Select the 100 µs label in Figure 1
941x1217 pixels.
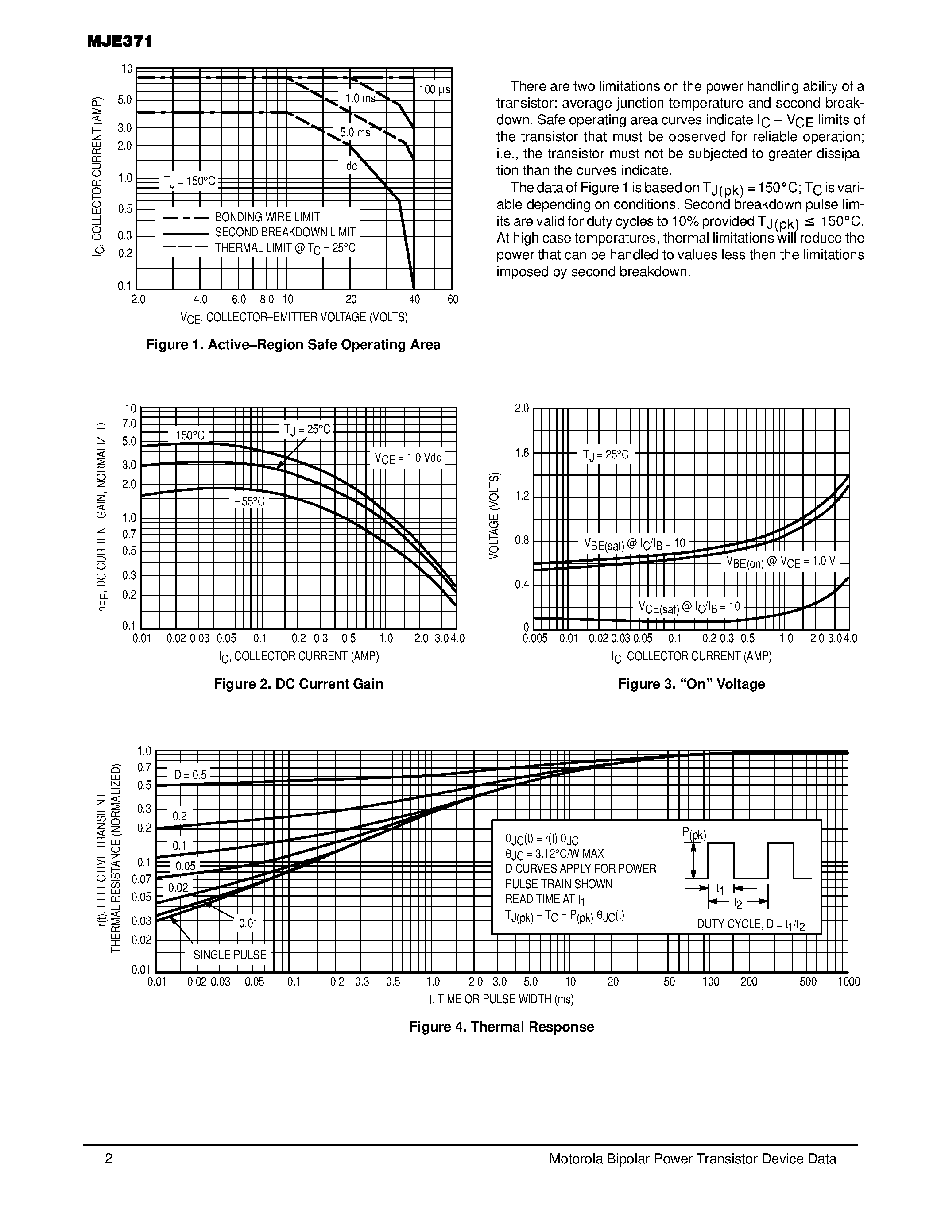pyautogui.click(x=434, y=90)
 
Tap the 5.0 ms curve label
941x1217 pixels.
pyautogui.click(x=355, y=133)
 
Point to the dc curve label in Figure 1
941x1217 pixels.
pyautogui.click(x=351, y=166)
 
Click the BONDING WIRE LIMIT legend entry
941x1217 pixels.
pyautogui.click(x=267, y=217)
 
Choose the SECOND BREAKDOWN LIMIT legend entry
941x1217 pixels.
pyautogui.click(x=286, y=232)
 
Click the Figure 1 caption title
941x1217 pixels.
pyautogui.click(x=293, y=345)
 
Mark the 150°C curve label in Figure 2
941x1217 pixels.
pyautogui.click(x=190, y=435)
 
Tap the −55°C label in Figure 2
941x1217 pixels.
pyautogui.click(x=249, y=501)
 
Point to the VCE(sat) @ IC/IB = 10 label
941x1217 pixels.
pyautogui.click(x=689, y=607)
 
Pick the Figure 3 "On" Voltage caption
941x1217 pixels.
pyautogui.click(x=691, y=684)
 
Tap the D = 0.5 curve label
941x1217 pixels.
pyautogui.click(x=190, y=775)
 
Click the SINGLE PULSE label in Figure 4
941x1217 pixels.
pyautogui.click(x=230, y=955)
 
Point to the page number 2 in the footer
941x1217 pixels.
pyautogui.click(x=108, y=1159)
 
